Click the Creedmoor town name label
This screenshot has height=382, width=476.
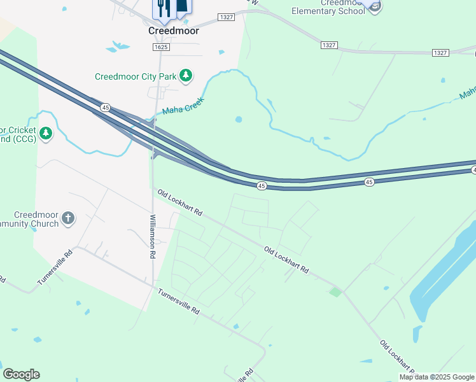pos(174,31)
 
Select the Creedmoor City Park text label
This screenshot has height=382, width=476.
pos(136,76)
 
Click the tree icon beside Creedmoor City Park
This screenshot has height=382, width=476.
pos(186,76)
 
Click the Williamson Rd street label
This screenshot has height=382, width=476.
pos(153,236)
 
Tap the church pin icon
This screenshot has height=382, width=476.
pos(68,219)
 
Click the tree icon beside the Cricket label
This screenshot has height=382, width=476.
pos(45,133)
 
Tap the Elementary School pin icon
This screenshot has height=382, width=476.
pos(375,5)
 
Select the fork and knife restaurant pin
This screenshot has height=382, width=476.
pos(164,8)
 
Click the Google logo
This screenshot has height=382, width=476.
pos(21,374)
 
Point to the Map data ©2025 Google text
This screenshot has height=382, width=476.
pos(437,377)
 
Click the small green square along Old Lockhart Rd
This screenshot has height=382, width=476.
pos(335,292)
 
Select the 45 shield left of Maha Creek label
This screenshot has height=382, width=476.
pos(106,108)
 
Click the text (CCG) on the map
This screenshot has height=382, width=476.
pos(20,139)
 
